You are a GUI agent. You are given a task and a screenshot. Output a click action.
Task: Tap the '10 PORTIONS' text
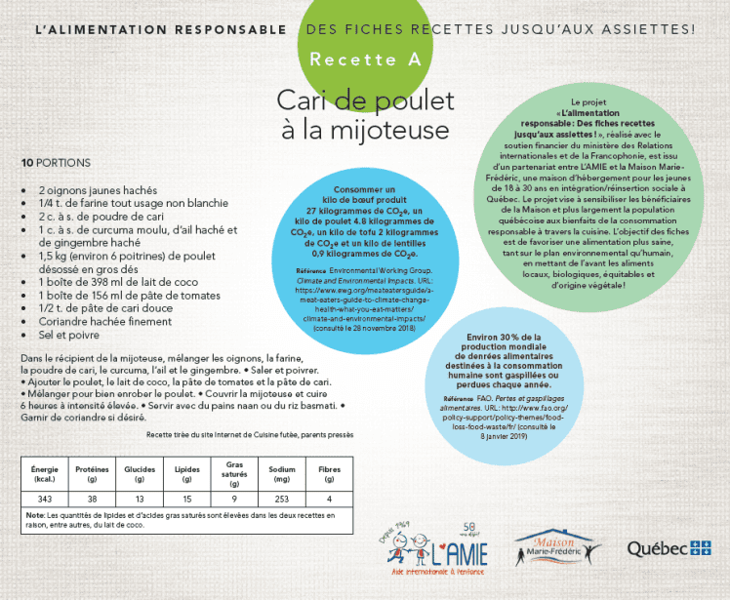[x=56, y=162]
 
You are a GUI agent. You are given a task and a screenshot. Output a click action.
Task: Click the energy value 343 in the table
[x=45, y=499]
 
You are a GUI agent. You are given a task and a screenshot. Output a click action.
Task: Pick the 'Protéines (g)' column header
[x=92, y=474]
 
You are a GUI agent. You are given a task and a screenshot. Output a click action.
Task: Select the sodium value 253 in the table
[x=282, y=499]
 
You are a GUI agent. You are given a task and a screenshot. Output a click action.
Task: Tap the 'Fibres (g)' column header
[x=329, y=474]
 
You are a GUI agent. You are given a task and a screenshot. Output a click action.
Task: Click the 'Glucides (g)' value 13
[x=140, y=499]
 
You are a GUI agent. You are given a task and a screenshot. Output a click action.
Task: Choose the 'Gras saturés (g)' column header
[x=234, y=473]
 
